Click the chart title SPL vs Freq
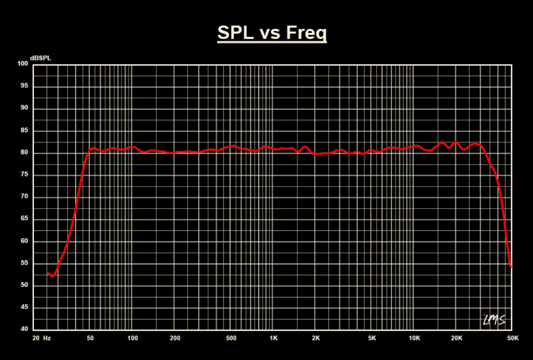coord(272,33)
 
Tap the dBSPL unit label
coord(40,58)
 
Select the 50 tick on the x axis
coord(90,338)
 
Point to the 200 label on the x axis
coord(175,338)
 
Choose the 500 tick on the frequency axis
coord(231,338)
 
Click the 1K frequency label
coord(274,338)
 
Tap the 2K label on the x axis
coord(316,338)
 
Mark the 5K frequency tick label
coord(372,338)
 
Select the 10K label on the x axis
coord(414,338)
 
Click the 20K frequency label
coord(457,338)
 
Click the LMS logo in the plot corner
coord(494,320)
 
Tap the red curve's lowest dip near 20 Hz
coord(52,276)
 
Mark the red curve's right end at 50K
coord(511,265)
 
